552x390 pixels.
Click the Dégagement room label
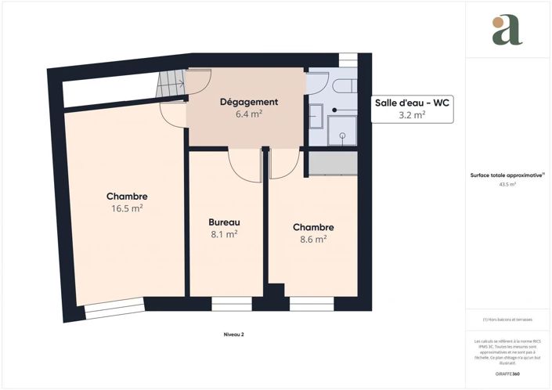[x=249, y=102]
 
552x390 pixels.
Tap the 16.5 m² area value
[x=127, y=208]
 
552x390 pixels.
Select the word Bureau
[x=224, y=222]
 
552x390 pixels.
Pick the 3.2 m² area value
[x=412, y=115]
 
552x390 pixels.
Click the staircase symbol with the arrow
[x=171, y=80]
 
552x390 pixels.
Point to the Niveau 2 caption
[x=233, y=334]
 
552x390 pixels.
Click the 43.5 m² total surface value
[x=507, y=185]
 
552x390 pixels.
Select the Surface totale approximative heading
[x=507, y=176]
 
